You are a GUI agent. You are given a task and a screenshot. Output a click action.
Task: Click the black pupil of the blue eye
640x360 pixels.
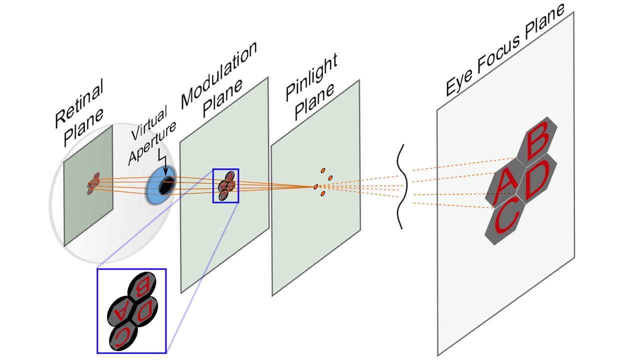click(165, 186)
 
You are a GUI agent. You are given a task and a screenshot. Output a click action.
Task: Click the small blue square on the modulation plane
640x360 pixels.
click(226, 185)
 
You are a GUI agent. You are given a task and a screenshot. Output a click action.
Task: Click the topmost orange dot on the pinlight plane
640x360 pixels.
click(323, 170)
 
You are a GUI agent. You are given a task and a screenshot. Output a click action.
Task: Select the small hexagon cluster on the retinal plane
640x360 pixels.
click(93, 183)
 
